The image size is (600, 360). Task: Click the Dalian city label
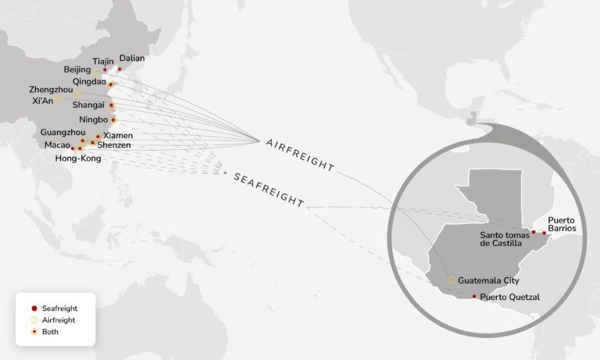pyautogui.click(x=132, y=58)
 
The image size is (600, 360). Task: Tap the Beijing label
pyautogui.click(x=77, y=70)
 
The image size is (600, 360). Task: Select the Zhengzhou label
pyautogui.click(x=51, y=90)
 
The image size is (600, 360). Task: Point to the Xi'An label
pyautogui.click(x=42, y=101)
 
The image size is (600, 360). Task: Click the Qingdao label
pyautogui.click(x=89, y=81)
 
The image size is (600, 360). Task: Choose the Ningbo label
pyautogui.click(x=94, y=119)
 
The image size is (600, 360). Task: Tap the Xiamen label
pyautogui.click(x=117, y=135)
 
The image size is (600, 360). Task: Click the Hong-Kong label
pyautogui.click(x=78, y=159)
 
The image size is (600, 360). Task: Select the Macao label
pyautogui.click(x=57, y=145)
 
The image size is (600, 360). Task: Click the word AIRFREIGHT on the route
pyautogui.click(x=300, y=155)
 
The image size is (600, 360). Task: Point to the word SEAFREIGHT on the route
pyautogui.click(x=269, y=189)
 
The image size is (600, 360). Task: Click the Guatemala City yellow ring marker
pyautogui.click(x=452, y=280)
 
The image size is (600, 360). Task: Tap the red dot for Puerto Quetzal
pyautogui.click(x=474, y=296)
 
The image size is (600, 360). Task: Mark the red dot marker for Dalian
pyautogui.click(x=120, y=69)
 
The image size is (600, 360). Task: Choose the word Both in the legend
pyautogui.click(x=50, y=332)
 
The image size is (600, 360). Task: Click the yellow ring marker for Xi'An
pyautogui.click(x=57, y=99)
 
